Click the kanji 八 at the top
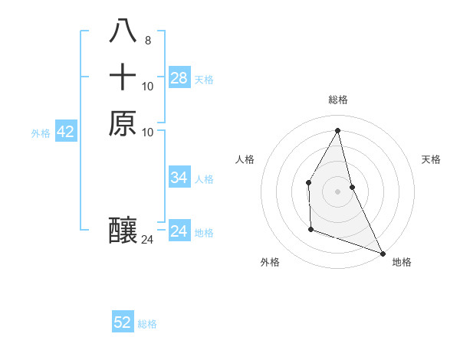[123, 31]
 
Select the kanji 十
[123, 77]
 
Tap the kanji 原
[123, 123]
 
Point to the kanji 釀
[123, 231]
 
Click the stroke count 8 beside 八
[147, 41]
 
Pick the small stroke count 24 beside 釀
[147, 240]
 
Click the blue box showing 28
[179, 78]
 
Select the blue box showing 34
[179, 178]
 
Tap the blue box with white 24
[179, 231]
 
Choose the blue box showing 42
[66, 132]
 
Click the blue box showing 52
[123, 322]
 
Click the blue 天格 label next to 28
[204, 79]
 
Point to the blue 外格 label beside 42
[41, 133]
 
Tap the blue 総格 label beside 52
[147, 324]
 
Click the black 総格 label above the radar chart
[338, 100]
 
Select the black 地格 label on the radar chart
[402, 262]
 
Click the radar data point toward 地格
[383, 253]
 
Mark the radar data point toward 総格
[338, 130]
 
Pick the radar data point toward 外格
[310, 229]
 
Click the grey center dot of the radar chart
[338, 191]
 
